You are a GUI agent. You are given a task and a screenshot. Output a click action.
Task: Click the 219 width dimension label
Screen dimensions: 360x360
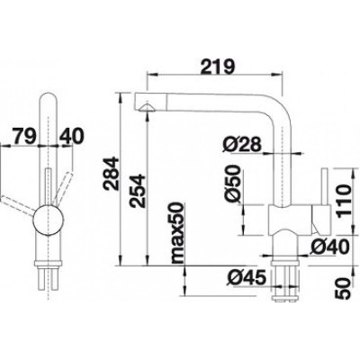click(218, 67)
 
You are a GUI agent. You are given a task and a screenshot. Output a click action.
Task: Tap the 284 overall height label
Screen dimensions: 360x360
click(111, 173)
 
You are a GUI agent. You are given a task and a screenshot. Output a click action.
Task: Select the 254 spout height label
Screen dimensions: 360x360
click(138, 191)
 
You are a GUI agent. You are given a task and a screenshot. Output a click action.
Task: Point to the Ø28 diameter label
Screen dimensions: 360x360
click(242, 145)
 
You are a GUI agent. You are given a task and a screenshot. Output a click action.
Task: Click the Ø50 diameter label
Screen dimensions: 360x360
click(233, 184)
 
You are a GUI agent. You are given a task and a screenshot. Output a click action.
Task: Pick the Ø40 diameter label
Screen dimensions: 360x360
click(330, 247)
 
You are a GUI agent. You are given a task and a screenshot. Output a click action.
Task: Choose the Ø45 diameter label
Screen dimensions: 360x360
click(247, 277)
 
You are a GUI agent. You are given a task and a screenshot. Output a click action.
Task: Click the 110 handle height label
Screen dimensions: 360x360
click(343, 201)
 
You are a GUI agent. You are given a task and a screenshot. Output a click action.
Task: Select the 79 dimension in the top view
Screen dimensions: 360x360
click(24, 137)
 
